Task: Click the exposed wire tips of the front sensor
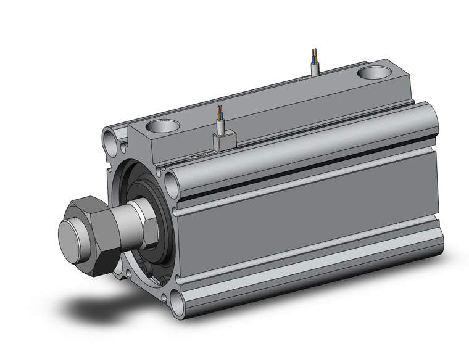(220, 113)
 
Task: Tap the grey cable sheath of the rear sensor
(315, 69)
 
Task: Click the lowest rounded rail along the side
(309, 271)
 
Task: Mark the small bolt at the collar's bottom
(147, 272)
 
